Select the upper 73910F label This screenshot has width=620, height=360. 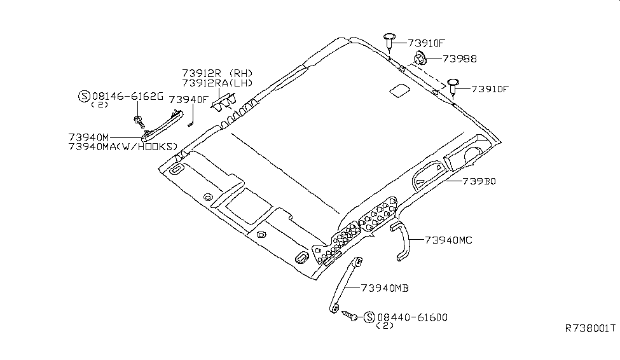(427, 43)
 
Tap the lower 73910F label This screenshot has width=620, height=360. (490, 89)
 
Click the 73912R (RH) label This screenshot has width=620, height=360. (217, 73)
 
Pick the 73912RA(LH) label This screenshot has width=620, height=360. (217, 83)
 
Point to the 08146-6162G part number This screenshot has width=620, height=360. (128, 96)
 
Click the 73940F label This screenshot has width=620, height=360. (189, 100)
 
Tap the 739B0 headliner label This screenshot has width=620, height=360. (479, 181)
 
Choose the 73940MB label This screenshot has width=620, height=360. (384, 288)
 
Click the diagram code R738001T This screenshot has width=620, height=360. (590, 328)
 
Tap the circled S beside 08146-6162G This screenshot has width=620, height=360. (84, 96)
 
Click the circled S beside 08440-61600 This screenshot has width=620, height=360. (369, 317)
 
